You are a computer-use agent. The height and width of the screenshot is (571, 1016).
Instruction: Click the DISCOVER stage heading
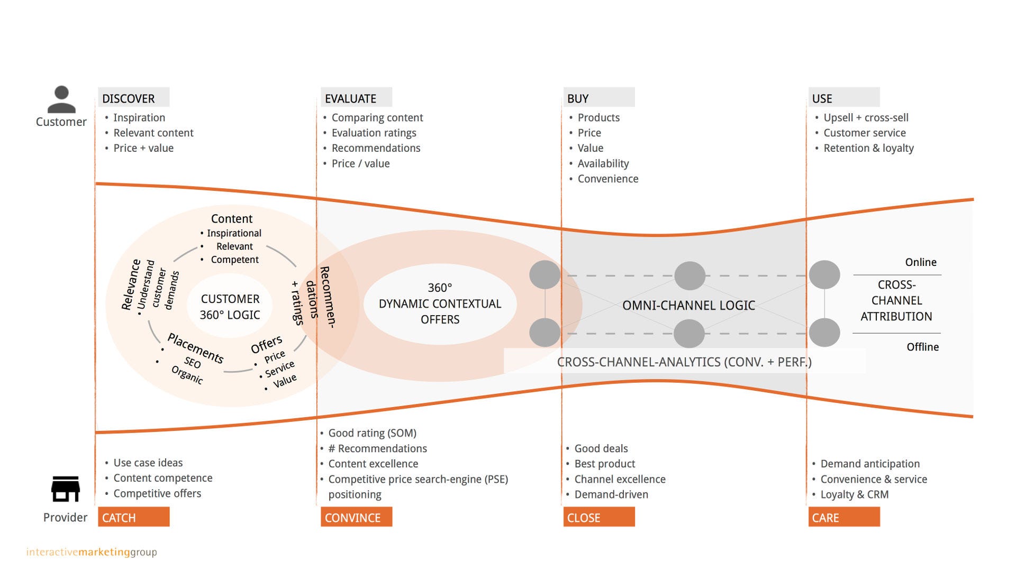pos(129,98)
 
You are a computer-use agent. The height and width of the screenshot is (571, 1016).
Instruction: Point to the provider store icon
pos(66,489)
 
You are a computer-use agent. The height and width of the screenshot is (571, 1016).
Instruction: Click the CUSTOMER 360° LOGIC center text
pos(230,307)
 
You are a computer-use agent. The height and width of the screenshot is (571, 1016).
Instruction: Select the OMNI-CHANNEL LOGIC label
pos(688,305)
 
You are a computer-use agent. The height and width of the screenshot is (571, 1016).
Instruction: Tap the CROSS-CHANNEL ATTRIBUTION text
pos(896,300)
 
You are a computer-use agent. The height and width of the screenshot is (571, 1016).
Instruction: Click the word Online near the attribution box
pos(920,262)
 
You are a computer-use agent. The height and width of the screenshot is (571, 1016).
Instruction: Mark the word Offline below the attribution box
pos(922,347)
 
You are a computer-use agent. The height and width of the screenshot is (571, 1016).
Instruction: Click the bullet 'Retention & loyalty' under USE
pos(868,148)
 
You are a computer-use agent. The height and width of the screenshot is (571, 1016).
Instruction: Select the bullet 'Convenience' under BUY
pos(607,179)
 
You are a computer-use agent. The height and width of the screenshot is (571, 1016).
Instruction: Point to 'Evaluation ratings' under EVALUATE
pos(374,133)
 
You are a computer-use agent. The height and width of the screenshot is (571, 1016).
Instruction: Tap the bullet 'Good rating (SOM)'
pos(372,433)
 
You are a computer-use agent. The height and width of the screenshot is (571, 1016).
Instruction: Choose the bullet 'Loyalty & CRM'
pos(854,494)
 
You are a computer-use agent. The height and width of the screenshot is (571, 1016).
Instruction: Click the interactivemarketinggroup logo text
pos(92,552)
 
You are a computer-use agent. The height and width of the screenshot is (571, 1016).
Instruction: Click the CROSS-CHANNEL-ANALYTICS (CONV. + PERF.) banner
pos(684,362)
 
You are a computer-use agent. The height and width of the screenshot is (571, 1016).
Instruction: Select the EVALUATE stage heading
pos(351,98)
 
